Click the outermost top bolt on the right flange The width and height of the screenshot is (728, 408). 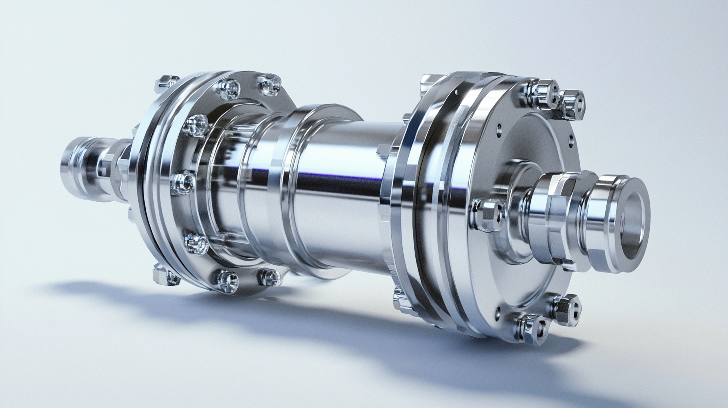(572, 104)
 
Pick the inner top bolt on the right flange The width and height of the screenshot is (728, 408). (542, 94)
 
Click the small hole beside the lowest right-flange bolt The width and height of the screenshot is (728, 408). (497, 314)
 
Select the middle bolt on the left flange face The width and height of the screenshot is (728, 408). (183, 182)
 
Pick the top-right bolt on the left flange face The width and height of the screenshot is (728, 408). (269, 85)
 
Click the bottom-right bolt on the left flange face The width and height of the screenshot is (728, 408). (269, 277)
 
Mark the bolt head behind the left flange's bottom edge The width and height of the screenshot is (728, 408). (165, 275)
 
